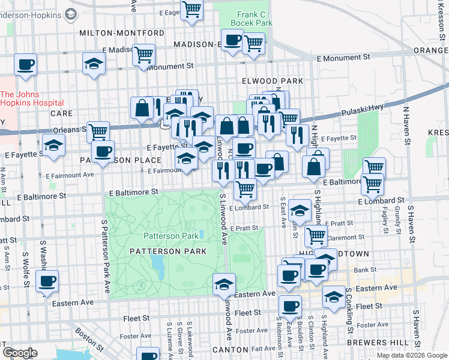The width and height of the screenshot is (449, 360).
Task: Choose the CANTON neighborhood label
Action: coord(231,349)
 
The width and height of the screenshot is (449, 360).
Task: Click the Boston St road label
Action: coord(88,338)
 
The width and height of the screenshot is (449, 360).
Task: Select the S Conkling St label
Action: coord(348,310)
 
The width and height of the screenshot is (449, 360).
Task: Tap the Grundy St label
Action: coord(397,220)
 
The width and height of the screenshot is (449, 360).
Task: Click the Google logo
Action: coord(19,353)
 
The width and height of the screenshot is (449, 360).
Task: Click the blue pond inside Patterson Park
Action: coord(158,263)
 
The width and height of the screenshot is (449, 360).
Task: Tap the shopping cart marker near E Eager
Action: coord(192,9)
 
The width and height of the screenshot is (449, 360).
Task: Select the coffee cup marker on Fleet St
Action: coord(291,306)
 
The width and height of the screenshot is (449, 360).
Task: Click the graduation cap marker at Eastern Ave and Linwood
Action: coord(224,283)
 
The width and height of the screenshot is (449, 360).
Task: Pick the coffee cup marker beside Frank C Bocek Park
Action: coord(232,41)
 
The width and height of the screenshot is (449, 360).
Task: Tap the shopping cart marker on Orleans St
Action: coord(98,131)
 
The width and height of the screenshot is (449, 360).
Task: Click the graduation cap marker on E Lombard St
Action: coord(299,211)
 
